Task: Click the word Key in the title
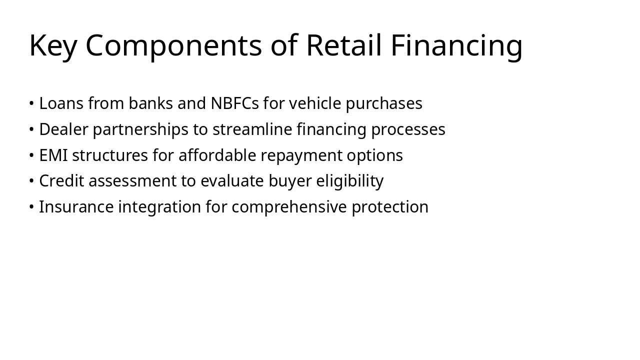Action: pyautogui.click(x=53, y=45)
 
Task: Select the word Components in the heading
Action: pyautogui.click(x=173, y=45)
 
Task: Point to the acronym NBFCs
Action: pyautogui.click(x=234, y=103)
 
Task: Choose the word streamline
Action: pyautogui.click(x=252, y=129)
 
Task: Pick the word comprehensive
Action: pyautogui.click(x=289, y=207)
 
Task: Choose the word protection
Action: pyautogui.click(x=390, y=207)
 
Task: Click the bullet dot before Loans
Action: pyautogui.click(x=31, y=104)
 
